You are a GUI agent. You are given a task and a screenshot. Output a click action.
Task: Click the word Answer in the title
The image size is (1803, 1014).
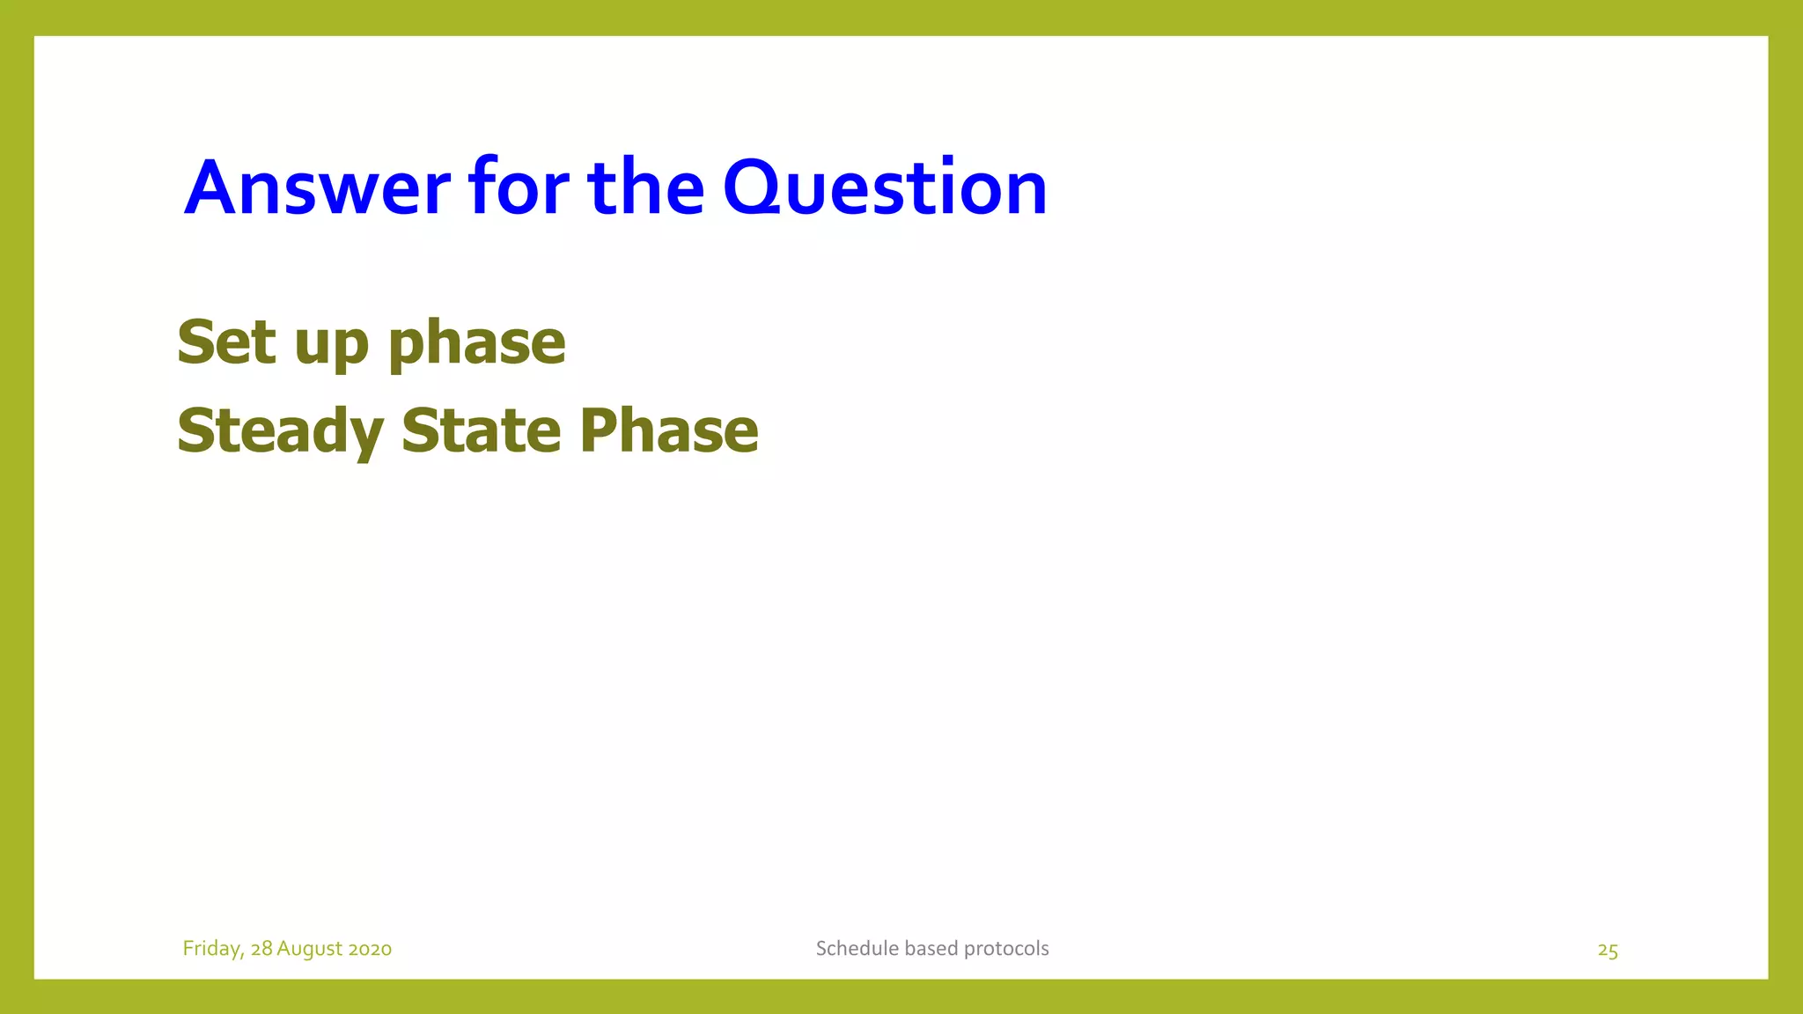pyautogui.click(x=317, y=187)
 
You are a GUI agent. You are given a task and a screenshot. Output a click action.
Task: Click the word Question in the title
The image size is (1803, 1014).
pyautogui.click(x=885, y=187)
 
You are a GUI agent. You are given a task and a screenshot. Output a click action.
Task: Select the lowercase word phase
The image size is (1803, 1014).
pyautogui.click(x=476, y=343)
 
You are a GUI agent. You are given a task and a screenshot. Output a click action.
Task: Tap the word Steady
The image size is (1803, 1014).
pyautogui.click(x=280, y=432)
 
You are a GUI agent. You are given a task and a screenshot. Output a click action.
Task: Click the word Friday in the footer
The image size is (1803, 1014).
pyautogui.click(x=211, y=949)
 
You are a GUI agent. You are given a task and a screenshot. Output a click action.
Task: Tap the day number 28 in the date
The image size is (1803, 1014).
pyautogui.click(x=261, y=949)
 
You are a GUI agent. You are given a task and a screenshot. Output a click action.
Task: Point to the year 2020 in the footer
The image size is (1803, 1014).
pyautogui.click(x=370, y=949)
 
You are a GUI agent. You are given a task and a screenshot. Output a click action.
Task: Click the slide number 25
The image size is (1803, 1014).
pyautogui.click(x=1608, y=951)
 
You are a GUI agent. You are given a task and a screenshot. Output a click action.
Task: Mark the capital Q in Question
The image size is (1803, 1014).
pyautogui.click(x=756, y=187)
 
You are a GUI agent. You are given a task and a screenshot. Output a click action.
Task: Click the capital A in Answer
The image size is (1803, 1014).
pyautogui.click(x=212, y=187)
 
